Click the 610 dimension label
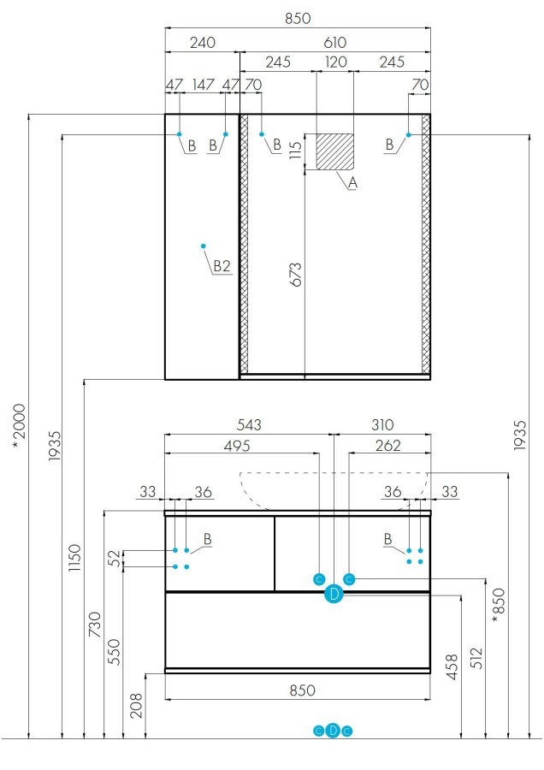click(334, 43)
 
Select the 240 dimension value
click(202, 43)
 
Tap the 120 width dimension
click(336, 62)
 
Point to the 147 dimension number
click(204, 85)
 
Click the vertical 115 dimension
click(295, 151)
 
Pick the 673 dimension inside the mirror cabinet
click(295, 274)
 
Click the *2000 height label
click(19, 426)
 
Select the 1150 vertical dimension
click(74, 557)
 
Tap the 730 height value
click(95, 625)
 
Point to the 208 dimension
click(136, 705)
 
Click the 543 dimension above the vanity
click(249, 424)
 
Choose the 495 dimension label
click(237, 446)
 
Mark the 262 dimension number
click(387, 446)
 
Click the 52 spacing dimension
click(114, 558)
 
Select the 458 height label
click(452, 666)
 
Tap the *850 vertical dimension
click(499, 606)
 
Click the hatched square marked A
click(334, 151)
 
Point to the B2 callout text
click(222, 266)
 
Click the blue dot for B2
click(204, 246)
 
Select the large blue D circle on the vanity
click(334, 595)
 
